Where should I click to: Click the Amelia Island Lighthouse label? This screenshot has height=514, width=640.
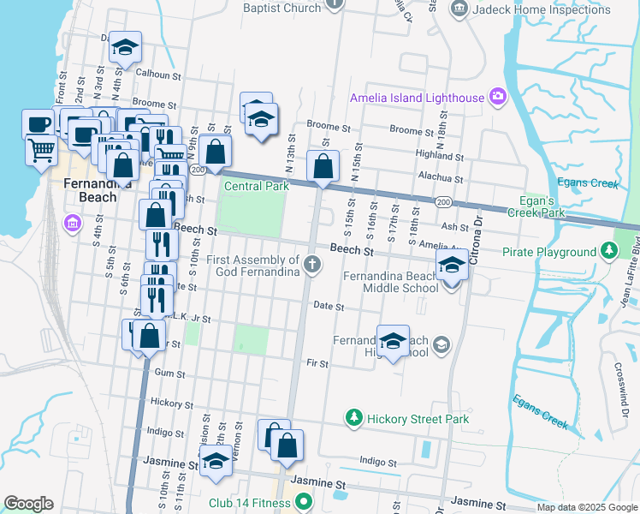tap(417, 98)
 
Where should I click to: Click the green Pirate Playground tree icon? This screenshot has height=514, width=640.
tap(608, 252)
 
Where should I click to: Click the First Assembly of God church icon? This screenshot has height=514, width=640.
tap(313, 266)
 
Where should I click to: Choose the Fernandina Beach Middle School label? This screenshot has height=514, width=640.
tap(391, 282)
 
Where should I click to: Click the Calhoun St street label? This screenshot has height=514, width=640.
tap(157, 75)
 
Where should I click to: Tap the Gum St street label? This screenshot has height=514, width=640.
tap(169, 373)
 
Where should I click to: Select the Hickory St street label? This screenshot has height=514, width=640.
tap(165, 402)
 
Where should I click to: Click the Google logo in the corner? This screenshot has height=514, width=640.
tap(28, 504)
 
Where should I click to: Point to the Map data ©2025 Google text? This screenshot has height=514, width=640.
tap(586, 507)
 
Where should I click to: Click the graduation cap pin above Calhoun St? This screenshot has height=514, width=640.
tap(126, 50)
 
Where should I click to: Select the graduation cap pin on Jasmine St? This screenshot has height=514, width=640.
tap(216, 461)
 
